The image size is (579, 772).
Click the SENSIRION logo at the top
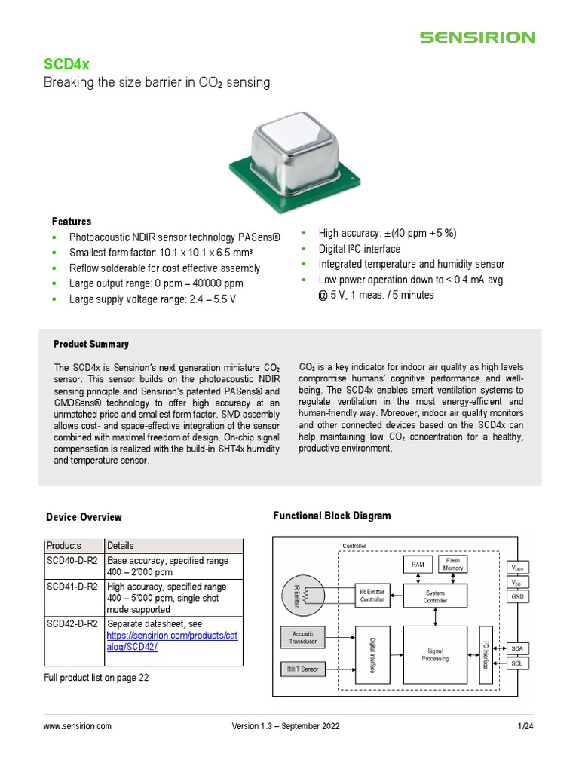tap(476, 37)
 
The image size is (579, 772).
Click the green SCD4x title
tap(63, 65)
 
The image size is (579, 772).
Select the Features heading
tap(72, 222)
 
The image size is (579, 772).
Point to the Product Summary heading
tap(91, 344)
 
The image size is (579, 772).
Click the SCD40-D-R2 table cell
tap(72, 561)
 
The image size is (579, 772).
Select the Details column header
tap(121, 545)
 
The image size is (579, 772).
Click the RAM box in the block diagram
tap(417, 565)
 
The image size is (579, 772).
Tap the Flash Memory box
tap(453, 565)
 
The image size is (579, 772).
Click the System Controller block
tap(435, 596)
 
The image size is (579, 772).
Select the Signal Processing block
tap(435, 654)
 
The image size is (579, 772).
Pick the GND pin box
tap(517, 596)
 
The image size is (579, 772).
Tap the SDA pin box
tap(517, 648)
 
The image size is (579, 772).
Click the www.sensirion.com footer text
tap(78, 726)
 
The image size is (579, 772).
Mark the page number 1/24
tap(525, 726)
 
